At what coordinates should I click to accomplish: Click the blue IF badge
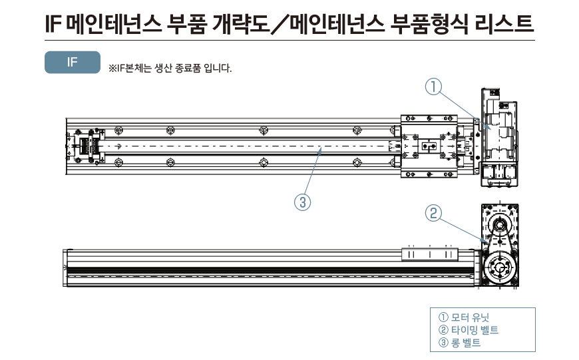point(72,62)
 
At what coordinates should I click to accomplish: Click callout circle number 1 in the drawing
point(433,87)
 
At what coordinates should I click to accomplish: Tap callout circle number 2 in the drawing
point(433,213)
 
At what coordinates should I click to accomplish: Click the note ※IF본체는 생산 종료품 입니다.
point(165,68)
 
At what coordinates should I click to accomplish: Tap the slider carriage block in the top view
point(429,146)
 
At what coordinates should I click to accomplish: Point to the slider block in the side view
point(431,254)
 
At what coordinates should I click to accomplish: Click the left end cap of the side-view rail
point(65,267)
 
